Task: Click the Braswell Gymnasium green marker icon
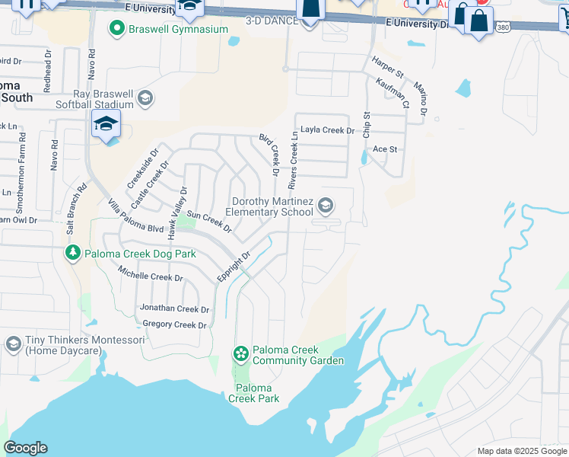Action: click(116, 30)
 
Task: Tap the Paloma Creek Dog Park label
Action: click(140, 254)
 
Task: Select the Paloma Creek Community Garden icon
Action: click(240, 353)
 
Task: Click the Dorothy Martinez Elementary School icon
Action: click(326, 206)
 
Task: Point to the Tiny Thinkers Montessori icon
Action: click(13, 344)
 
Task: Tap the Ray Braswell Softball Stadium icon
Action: click(145, 98)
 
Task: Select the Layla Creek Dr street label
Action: click(327, 130)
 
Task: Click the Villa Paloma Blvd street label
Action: click(135, 216)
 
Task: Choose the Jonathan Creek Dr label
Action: click(174, 308)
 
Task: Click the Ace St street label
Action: click(384, 149)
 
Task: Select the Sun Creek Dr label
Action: click(209, 222)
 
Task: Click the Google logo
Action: click(25, 448)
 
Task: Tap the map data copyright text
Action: click(521, 451)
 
